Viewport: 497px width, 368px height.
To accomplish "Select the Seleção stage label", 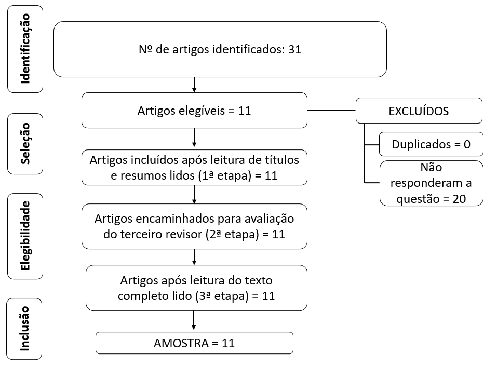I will coord(24,144).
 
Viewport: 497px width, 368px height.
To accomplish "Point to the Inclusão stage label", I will coord(24,329).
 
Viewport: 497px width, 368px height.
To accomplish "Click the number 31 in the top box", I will coord(294,50).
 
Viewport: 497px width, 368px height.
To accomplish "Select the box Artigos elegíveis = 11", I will coord(194,110).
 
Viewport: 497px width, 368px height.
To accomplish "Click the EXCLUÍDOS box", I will coord(419,111).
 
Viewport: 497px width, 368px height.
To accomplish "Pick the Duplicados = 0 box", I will coord(431,144).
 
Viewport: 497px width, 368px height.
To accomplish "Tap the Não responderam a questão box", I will coord(431,183).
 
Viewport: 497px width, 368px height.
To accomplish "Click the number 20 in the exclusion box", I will coord(459,198).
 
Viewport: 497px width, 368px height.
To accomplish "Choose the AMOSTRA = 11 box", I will coord(194,343).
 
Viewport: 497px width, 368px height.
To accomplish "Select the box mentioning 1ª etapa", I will coord(194,168).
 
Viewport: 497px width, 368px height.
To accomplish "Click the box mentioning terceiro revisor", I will coord(194,226).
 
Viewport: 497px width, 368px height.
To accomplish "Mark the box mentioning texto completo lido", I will coord(196,288).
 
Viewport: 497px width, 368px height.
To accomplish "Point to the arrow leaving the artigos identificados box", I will coord(194,85).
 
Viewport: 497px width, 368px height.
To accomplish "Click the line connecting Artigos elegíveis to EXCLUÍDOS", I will coord(331,111).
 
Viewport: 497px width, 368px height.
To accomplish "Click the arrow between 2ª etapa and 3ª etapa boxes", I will coord(194,257).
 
